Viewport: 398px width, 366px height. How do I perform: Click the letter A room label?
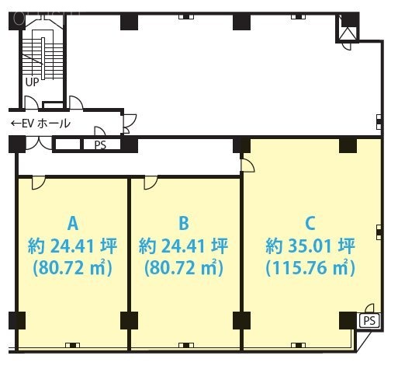(72, 224)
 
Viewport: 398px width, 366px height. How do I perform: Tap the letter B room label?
(184, 224)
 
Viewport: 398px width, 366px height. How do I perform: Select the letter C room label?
(310, 224)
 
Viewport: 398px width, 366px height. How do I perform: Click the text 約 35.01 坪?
(310, 246)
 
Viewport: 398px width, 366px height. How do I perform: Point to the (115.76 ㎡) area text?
(310, 269)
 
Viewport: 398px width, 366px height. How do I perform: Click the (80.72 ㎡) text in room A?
(72, 269)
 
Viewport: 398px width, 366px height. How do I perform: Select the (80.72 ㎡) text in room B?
(184, 269)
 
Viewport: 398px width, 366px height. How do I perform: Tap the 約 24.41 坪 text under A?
(72, 246)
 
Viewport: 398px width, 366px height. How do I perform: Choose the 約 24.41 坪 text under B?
(184, 246)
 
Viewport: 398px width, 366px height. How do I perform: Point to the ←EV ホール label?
(40, 124)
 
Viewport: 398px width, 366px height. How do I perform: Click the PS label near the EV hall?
(100, 145)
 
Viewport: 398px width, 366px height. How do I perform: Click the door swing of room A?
(36, 183)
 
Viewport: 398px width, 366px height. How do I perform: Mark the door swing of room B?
(149, 183)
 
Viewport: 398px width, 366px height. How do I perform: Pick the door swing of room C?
(247, 164)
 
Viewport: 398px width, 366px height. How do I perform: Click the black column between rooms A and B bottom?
(129, 320)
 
